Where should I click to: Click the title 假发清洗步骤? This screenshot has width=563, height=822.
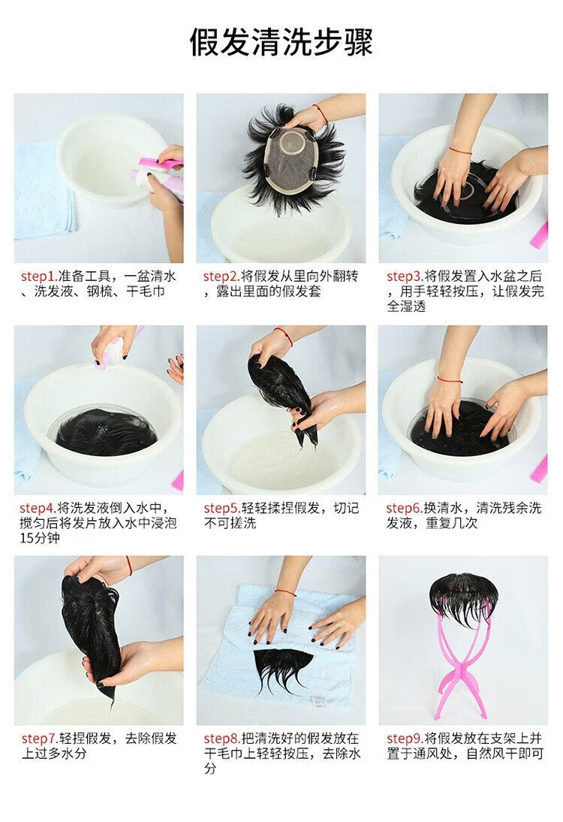[281, 43]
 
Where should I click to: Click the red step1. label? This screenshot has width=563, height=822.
[39, 277]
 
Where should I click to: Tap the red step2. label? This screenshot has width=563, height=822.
[221, 277]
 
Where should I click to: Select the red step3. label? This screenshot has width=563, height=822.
[405, 277]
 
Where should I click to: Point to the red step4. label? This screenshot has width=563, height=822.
[38, 508]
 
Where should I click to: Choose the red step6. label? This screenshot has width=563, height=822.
[405, 508]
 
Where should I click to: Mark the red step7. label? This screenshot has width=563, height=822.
[39, 739]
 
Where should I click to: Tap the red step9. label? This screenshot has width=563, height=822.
[405, 739]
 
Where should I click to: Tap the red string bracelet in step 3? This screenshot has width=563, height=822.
[460, 151]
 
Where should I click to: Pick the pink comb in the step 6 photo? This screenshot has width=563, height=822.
[540, 469]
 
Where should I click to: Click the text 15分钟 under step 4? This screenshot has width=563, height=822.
[40, 538]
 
